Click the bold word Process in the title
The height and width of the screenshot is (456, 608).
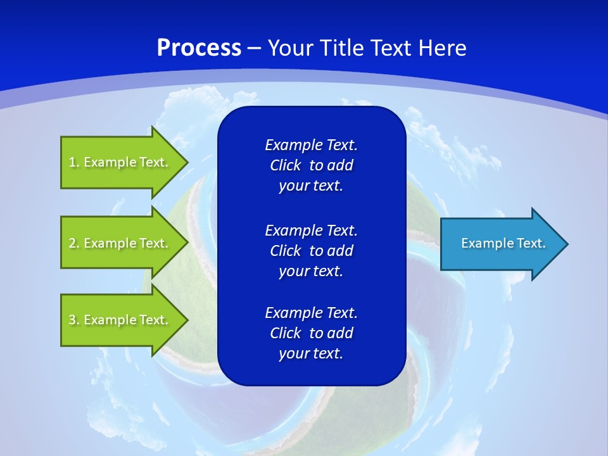(199, 48)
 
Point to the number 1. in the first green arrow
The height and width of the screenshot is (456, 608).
(73, 162)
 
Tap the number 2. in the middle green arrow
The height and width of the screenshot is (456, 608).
(73, 243)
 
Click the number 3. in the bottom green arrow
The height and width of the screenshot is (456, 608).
(73, 320)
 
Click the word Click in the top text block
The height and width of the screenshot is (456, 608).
(286, 165)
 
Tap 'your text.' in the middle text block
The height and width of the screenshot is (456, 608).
(311, 271)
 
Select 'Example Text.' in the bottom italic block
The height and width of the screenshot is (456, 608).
(311, 313)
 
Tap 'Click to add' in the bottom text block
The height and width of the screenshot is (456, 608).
(311, 333)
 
